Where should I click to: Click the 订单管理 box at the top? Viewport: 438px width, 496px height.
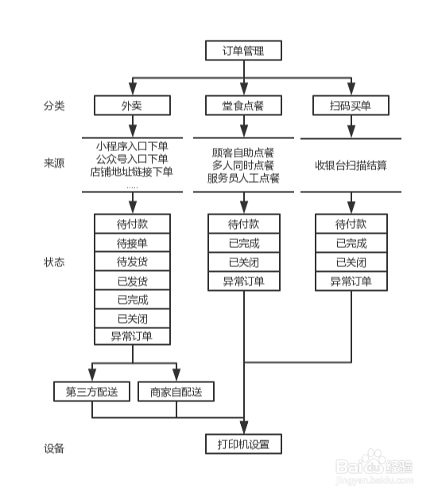tap(242, 51)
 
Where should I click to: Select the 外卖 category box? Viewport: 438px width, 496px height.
tap(133, 105)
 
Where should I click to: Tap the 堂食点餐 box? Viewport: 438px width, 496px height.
tap(243, 105)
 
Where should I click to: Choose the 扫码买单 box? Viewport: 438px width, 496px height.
tap(351, 105)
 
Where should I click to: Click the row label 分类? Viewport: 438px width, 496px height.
tap(55, 105)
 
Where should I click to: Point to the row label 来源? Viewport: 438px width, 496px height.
tap(55, 164)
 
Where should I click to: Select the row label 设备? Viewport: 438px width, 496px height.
tap(55, 448)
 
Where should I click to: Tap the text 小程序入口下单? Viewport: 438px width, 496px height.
tap(132, 146)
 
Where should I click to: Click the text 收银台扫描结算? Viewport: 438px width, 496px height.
tap(351, 165)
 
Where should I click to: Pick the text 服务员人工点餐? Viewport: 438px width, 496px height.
tap(243, 179)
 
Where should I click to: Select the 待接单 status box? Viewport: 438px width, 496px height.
tap(133, 242)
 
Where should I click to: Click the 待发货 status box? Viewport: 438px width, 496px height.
tap(133, 262)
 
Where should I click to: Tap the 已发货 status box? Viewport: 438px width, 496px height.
tap(133, 281)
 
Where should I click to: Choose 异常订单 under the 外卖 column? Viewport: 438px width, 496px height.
tap(133, 337)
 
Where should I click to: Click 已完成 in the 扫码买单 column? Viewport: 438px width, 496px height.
tap(351, 243)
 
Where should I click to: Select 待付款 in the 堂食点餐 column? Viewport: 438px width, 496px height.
tap(243, 224)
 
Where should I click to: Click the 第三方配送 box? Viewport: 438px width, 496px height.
tap(92, 392)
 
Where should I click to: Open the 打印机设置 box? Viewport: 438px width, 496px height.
tap(243, 443)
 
